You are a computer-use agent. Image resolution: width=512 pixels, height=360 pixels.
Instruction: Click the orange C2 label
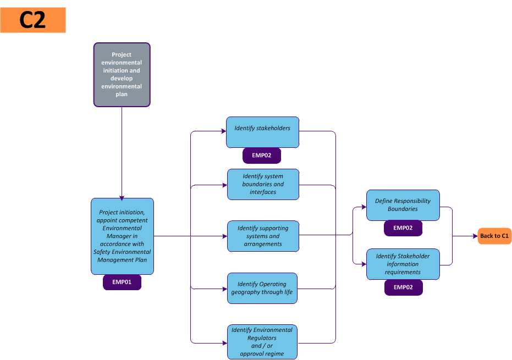click(x=33, y=20)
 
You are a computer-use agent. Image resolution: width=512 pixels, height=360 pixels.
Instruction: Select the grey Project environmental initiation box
click(x=122, y=75)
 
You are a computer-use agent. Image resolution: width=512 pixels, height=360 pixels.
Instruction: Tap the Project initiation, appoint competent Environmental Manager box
click(x=122, y=236)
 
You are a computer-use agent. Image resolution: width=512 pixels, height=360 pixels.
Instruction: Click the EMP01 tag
click(x=122, y=283)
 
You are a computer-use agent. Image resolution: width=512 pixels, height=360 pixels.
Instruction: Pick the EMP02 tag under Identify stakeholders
click(x=262, y=156)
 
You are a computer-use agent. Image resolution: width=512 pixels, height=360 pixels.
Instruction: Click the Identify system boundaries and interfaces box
click(x=263, y=184)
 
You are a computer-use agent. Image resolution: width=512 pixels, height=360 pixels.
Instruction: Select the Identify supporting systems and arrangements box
click(x=263, y=236)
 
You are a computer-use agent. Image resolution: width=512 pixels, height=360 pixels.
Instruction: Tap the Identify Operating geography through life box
click(x=262, y=288)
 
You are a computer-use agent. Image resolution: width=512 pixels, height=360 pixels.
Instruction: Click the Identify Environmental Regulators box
click(x=262, y=342)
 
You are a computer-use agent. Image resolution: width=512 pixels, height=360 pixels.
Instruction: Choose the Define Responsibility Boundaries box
click(x=403, y=205)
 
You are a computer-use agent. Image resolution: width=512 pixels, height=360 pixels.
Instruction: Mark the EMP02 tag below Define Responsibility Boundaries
click(x=403, y=228)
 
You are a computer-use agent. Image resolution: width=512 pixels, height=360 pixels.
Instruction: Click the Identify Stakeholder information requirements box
click(x=403, y=264)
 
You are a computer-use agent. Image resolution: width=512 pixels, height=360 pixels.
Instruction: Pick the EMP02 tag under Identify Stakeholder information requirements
click(x=403, y=287)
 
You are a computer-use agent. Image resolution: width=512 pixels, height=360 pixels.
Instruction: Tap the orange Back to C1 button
click(x=494, y=236)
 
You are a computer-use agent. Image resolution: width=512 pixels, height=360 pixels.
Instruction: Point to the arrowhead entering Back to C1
click(x=475, y=236)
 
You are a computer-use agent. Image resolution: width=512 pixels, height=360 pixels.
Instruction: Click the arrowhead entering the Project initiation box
click(x=122, y=197)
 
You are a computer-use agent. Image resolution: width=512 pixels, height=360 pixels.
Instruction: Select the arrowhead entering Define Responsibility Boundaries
click(x=364, y=207)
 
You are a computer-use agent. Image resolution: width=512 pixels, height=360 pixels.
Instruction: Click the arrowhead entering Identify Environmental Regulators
click(x=224, y=342)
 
